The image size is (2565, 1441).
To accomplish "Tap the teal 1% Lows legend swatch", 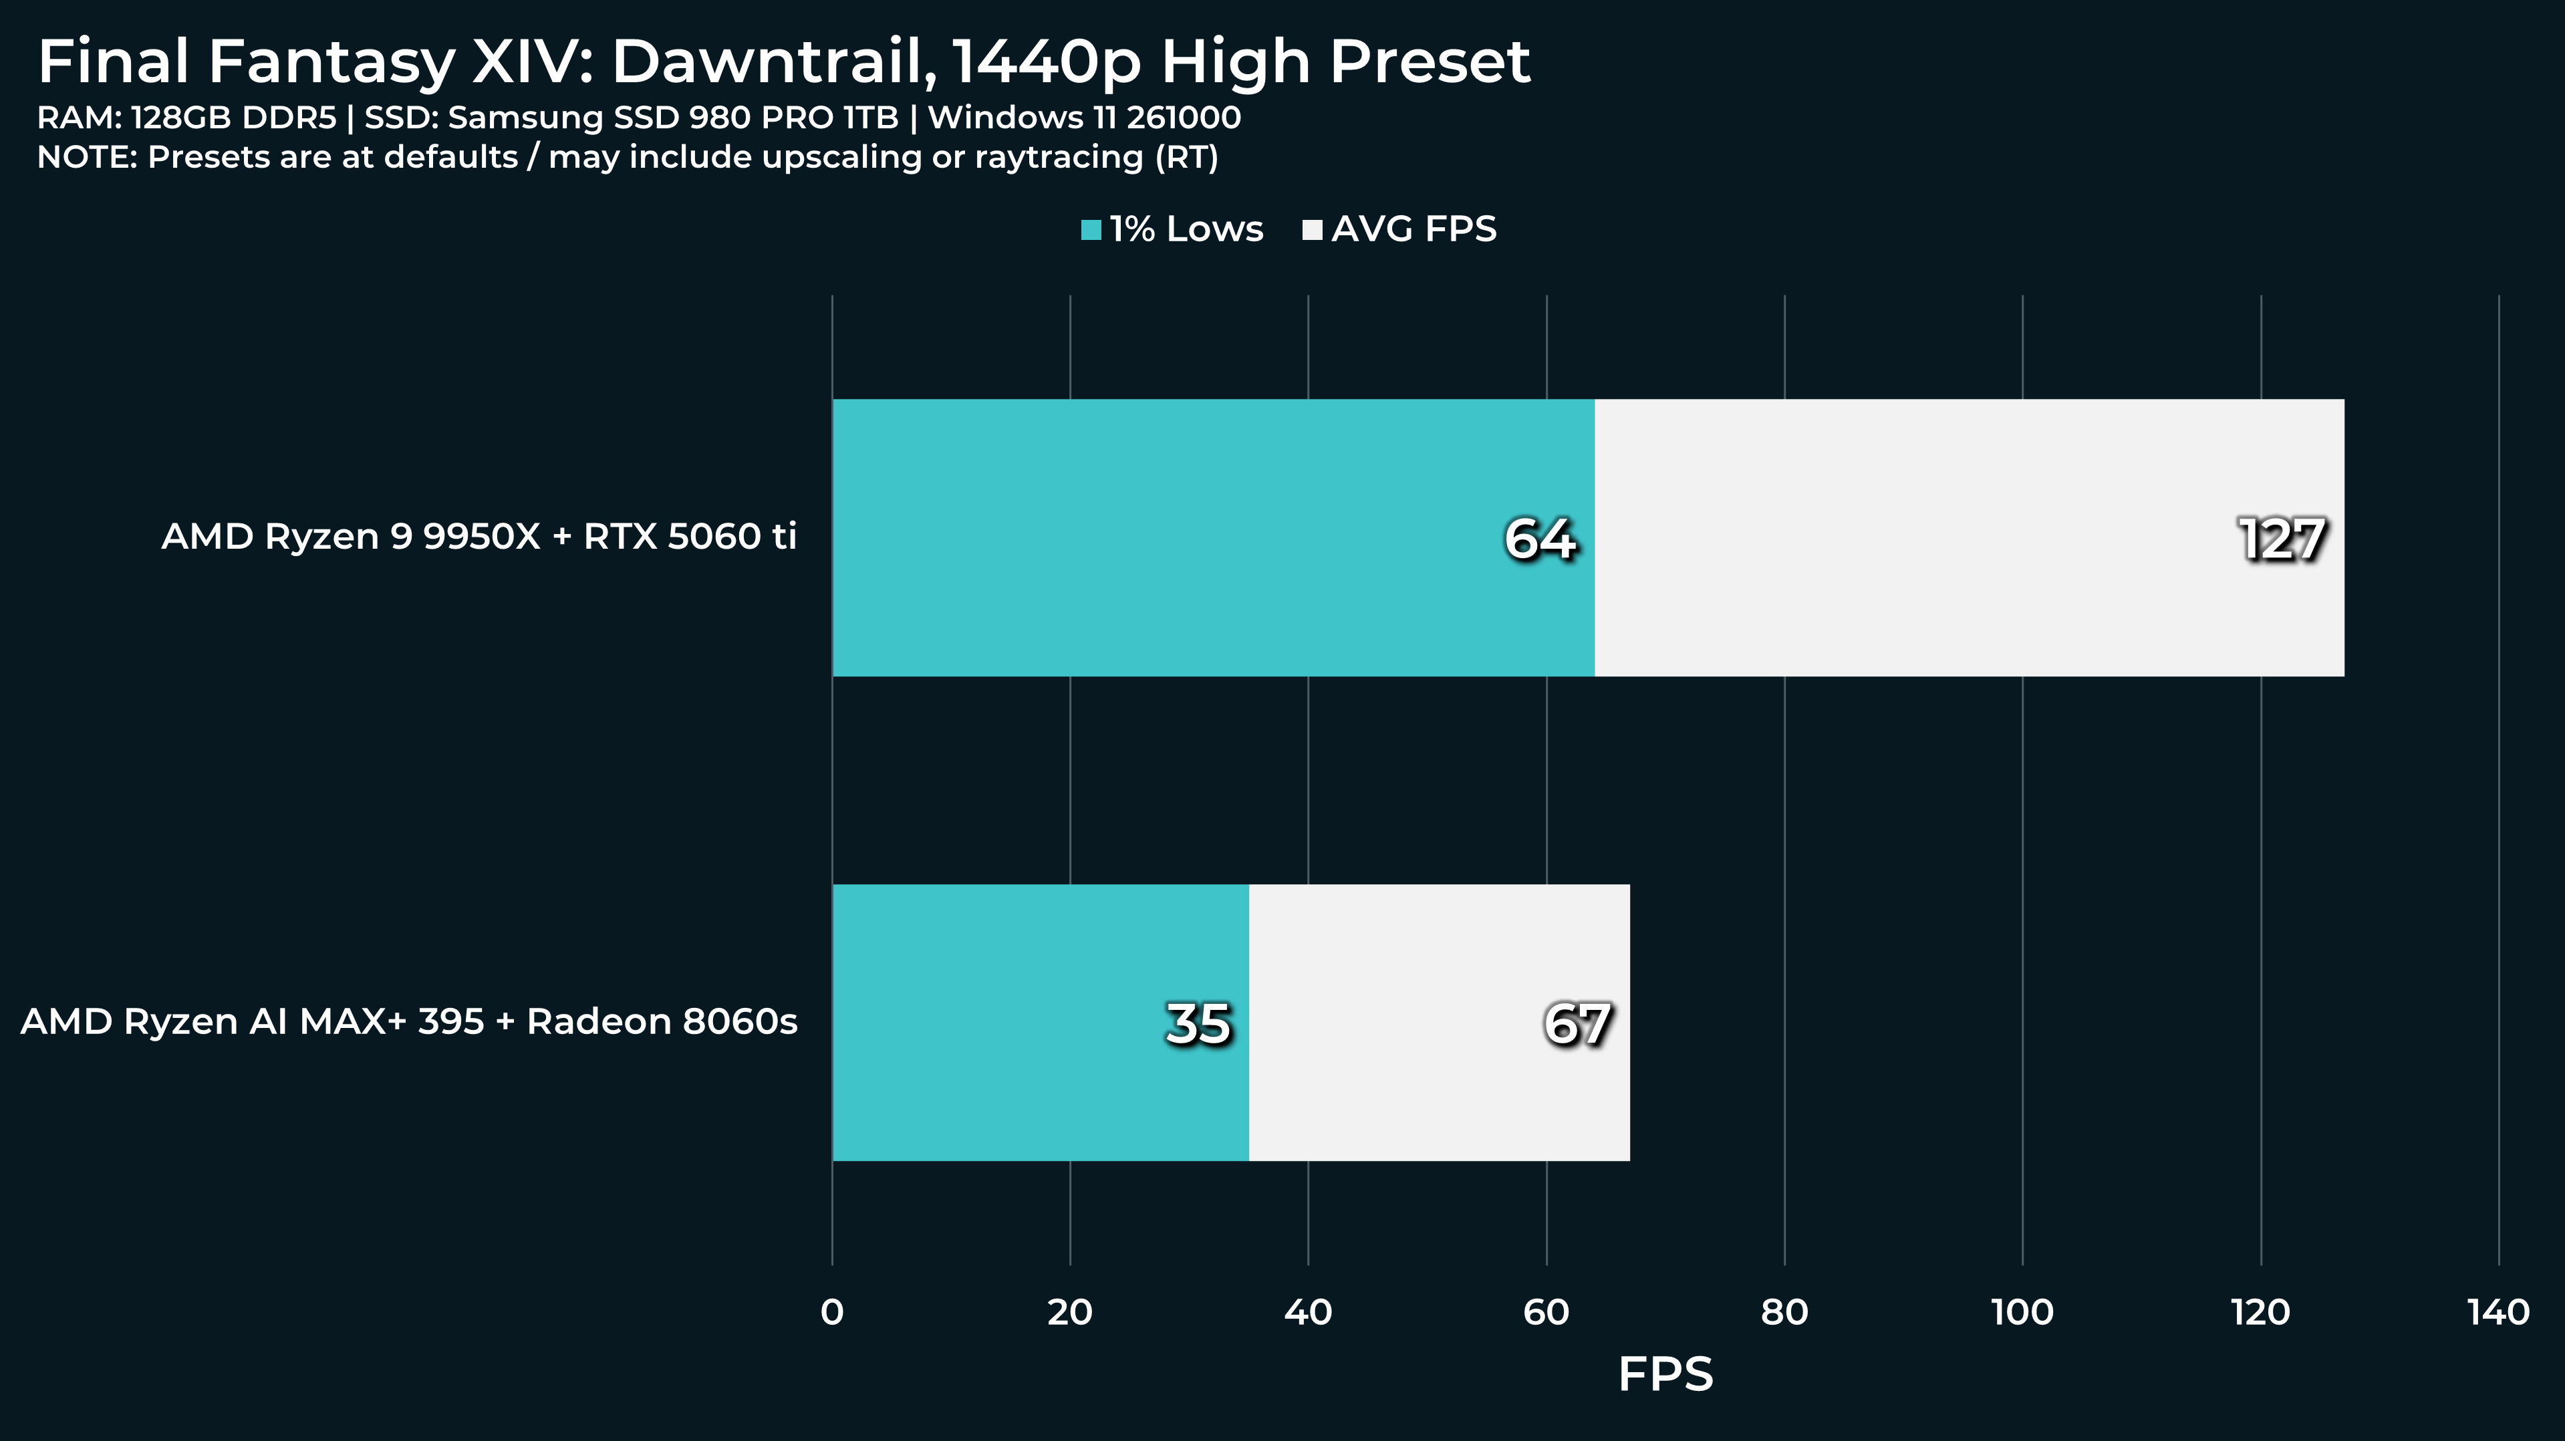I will tap(1091, 230).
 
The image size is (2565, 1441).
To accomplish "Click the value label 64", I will tap(1539, 539).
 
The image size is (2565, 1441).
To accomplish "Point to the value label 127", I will tap(2281, 539).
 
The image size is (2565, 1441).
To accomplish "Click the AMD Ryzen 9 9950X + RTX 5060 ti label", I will tap(479, 537).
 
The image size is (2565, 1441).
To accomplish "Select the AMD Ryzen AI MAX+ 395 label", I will tap(409, 1022).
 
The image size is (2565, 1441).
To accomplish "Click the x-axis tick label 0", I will tap(833, 1313).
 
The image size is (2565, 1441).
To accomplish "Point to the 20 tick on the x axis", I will tap(1071, 1313).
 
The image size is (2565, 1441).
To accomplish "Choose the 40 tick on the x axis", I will tap(1309, 1313).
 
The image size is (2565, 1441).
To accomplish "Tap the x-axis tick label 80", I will tap(1784, 1313).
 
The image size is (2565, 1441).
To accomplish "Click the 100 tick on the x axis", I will tap(2022, 1313).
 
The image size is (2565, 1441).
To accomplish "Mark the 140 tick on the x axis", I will tap(2498, 1313).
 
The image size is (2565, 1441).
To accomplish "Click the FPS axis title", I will tap(1665, 1375).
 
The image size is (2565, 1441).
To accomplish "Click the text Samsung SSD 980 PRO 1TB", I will tap(673, 118).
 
